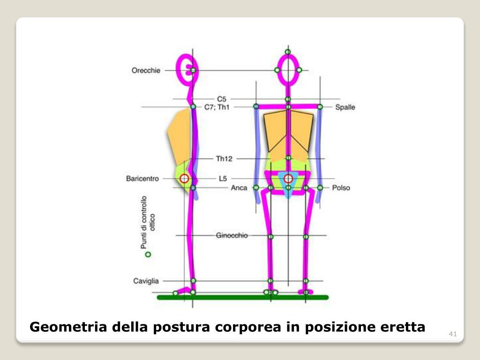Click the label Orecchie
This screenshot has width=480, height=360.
[x=146, y=71]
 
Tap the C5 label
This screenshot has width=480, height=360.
[x=222, y=99]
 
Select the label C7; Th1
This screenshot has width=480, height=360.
[x=217, y=107]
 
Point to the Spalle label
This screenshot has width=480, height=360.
[x=345, y=107]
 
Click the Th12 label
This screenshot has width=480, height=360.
[x=224, y=159]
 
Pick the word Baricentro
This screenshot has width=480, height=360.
[x=142, y=179]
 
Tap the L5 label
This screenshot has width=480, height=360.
[x=223, y=179]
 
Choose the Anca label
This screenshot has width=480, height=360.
[x=239, y=188]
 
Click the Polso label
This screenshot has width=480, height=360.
[x=341, y=188]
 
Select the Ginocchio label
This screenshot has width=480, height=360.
[x=232, y=235]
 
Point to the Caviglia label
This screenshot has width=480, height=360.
[x=146, y=281]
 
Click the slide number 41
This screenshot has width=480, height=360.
[x=452, y=334]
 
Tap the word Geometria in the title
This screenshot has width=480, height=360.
[x=68, y=327]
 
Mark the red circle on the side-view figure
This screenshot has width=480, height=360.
[x=184, y=179]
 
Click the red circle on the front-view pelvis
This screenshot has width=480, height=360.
[x=288, y=179]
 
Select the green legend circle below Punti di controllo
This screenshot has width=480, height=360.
[x=148, y=255]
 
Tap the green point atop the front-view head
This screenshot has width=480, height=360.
[x=288, y=52]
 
